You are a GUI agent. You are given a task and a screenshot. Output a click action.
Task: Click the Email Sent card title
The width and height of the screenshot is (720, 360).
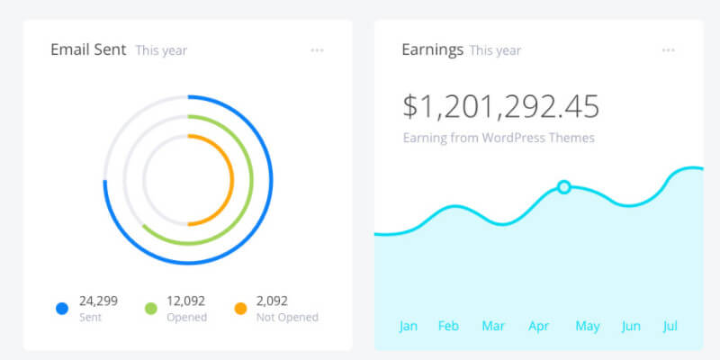click(x=89, y=49)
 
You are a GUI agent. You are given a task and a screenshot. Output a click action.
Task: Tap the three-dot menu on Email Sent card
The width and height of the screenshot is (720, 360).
click(x=317, y=50)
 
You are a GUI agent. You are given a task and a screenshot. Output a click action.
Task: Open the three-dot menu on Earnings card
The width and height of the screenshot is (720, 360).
click(x=668, y=50)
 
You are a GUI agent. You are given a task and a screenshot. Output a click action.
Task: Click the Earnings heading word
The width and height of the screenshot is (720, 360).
click(x=432, y=49)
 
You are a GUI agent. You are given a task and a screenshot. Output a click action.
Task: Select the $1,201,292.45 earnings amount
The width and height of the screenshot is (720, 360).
click(x=500, y=106)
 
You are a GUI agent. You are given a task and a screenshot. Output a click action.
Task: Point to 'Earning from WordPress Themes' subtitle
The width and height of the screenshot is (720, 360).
click(x=499, y=139)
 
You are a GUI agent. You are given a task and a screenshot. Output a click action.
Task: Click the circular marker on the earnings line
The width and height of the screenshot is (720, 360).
click(x=563, y=187)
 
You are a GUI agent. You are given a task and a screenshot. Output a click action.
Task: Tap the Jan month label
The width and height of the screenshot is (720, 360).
click(x=409, y=326)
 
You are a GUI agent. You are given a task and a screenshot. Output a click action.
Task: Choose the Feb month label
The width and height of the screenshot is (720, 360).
click(x=448, y=326)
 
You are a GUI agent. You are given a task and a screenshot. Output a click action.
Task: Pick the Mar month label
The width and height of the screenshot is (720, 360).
click(x=493, y=326)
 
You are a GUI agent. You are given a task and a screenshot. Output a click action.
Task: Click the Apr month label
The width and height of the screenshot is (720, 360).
click(x=538, y=326)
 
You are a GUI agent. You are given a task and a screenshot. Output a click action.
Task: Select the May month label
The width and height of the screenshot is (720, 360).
click(x=587, y=326)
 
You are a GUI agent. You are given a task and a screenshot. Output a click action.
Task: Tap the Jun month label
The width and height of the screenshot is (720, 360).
click(x=632, y=326)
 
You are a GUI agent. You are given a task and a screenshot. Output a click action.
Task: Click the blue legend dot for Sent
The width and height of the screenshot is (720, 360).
click(x=62, y=309)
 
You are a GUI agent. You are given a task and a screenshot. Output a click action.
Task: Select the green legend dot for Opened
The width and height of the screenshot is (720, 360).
click(x=152, y=309)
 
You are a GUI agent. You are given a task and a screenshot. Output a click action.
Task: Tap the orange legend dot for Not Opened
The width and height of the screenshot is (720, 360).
click(x=239, y=309)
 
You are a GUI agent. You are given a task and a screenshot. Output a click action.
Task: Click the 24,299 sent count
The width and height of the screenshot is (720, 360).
click(x=98, y=301)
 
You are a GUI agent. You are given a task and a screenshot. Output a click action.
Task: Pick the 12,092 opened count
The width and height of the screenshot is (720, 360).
click(x=187, y=301)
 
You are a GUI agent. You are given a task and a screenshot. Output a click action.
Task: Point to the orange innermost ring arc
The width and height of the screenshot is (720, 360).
click(x=231, y=180)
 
